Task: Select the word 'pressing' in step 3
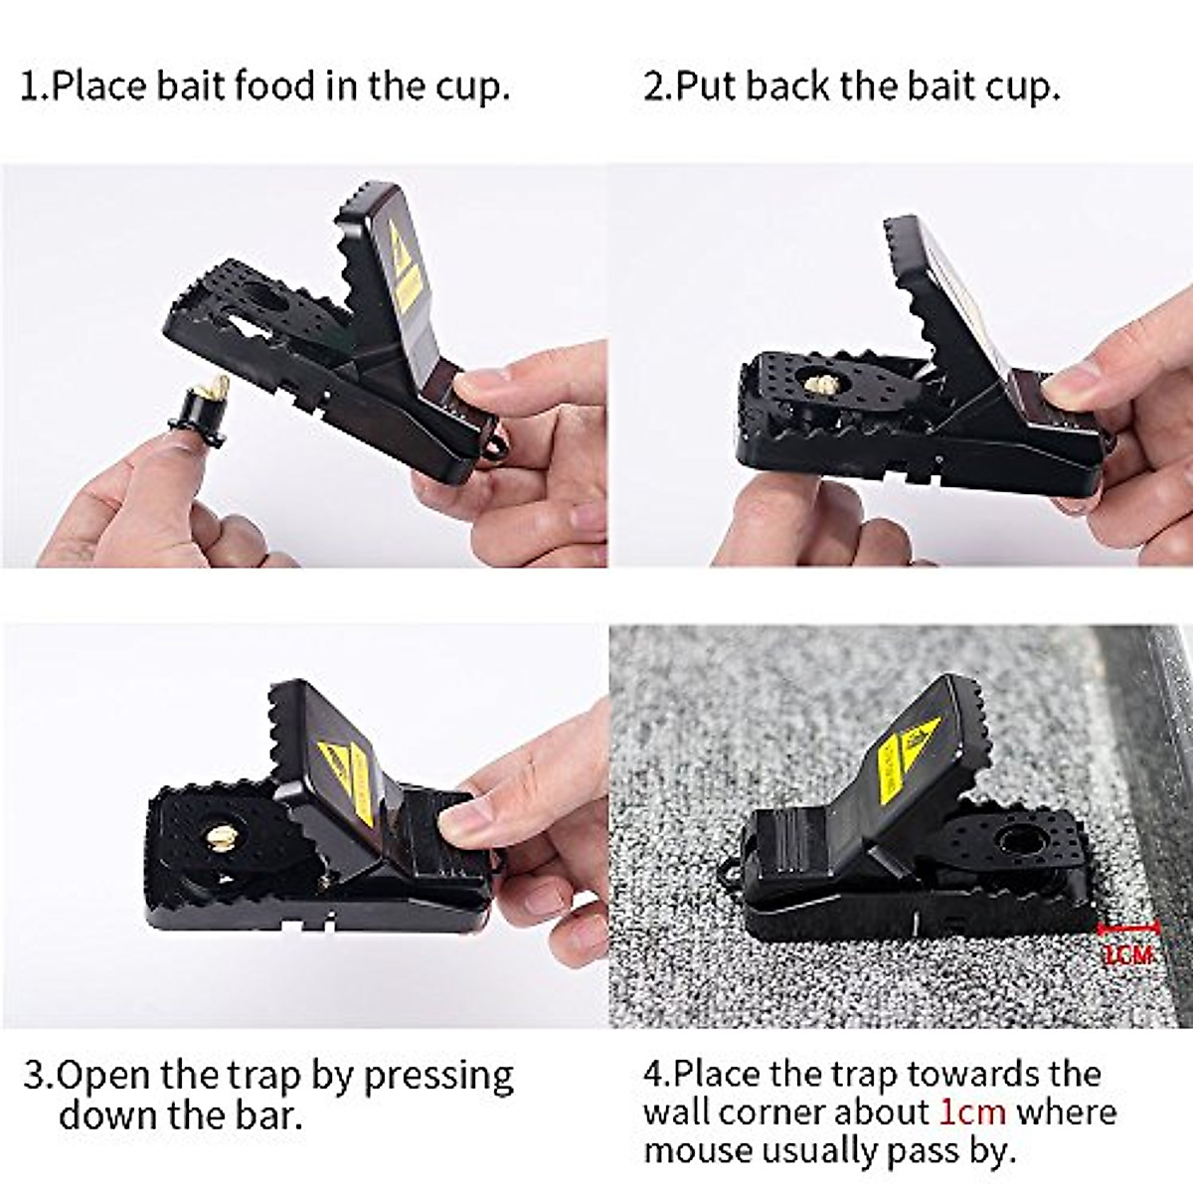click(438, 1076)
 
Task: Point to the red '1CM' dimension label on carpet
click(1127, 955)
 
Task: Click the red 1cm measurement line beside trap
click(1127, 929)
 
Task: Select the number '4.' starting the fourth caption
click(657, 1074)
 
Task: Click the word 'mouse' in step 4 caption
click(697, 1150)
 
